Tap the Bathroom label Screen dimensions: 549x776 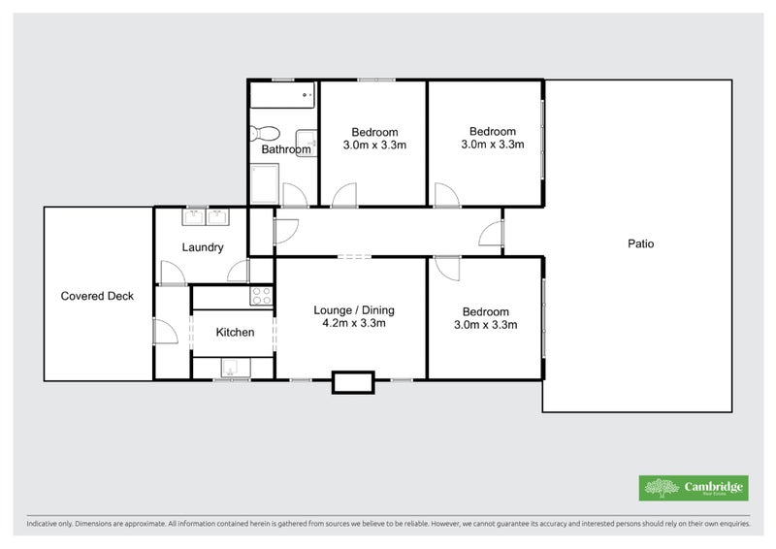(286, 150)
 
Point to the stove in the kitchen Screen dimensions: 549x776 (262, 297)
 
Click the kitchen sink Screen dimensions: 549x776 (232, 368)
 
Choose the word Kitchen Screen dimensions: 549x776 (235, 333)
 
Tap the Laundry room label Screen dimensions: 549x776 (203, 247)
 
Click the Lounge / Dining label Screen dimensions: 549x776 (354, 310)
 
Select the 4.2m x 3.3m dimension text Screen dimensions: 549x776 (354, 324)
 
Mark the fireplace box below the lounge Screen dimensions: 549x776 (352, 381)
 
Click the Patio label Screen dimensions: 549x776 (640, 243)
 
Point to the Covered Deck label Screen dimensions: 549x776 (97, 296)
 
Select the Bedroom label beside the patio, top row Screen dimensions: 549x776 (493, 132)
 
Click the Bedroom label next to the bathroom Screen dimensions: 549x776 (374, 133)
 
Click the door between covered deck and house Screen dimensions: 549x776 (163, 332)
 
